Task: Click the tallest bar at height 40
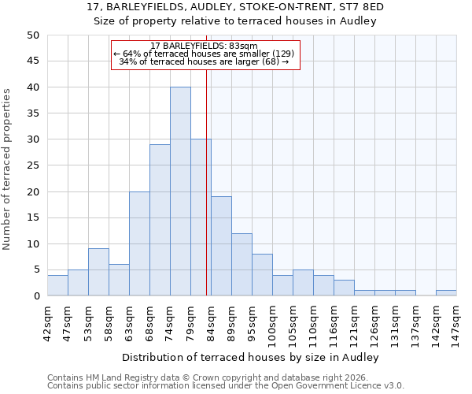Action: [x=180, y=191]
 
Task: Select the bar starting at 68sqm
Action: [x=160, y=220]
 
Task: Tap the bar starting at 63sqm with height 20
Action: [x=139, y=243]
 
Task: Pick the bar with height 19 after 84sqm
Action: [x=221, y=246]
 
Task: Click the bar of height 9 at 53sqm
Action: [x=98, y=272]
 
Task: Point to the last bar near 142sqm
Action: [x=446, y=293]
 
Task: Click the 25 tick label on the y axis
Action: [x=32, y=165]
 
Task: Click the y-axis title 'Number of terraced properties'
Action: [x=8, y=169]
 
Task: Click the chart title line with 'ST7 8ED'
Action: [x=236, y=7]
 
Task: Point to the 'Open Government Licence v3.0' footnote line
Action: [x=226, y=386]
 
